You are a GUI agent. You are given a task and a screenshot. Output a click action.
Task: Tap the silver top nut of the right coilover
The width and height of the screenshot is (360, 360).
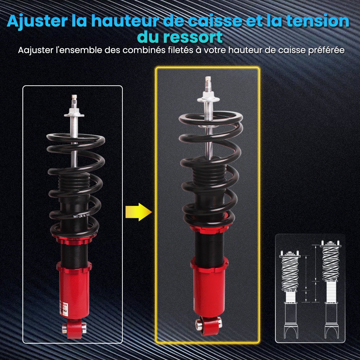(x=209, y=95)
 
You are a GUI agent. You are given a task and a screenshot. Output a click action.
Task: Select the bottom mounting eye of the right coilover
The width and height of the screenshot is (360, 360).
(x=209, y=322)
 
